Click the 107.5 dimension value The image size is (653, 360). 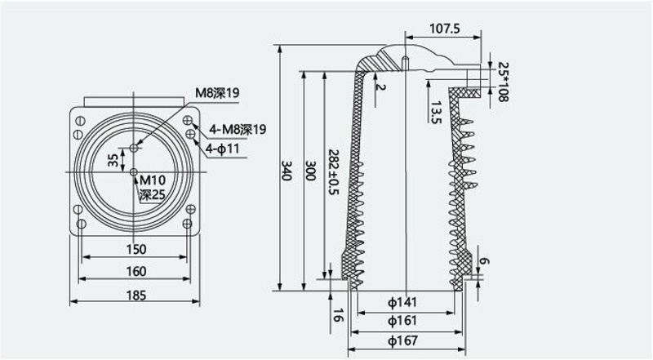[x=444, y=29]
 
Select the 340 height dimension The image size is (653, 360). [x=286, y=171]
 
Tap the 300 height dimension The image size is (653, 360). [x=310, y=171]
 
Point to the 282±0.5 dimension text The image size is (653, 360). [x=334, y=172]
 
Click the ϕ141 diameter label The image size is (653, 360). [x=402, y=302]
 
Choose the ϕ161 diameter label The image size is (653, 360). [x=402, y=321]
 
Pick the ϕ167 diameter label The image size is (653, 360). [x=402, y=340]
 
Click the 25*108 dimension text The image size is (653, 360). [x=504, y=82]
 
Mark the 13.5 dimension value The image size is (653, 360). [x=436, y=113]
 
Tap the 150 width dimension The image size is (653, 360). [x=136, y=249]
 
